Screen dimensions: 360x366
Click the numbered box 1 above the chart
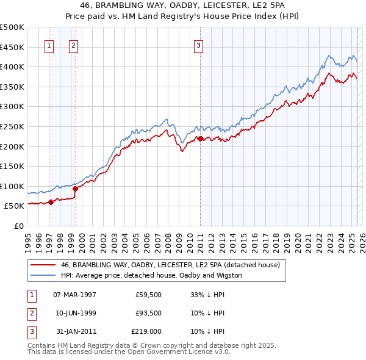point(49,45)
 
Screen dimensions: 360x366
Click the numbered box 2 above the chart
point(73,45)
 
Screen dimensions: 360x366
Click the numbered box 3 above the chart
point(199,45)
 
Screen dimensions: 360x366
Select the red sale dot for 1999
point(75,189)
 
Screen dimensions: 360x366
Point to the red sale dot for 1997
point(51,203)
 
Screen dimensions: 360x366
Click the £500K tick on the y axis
point(12,27)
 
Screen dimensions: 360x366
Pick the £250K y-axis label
point(12,126)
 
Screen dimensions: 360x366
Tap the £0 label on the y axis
point(20,226)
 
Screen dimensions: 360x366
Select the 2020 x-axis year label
point(297,239)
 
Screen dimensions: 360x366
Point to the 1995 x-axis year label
point(28,239)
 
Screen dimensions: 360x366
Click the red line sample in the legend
point(43,265)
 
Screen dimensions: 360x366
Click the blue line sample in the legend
point(43,275)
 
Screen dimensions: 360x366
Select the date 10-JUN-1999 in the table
point(74,313)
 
